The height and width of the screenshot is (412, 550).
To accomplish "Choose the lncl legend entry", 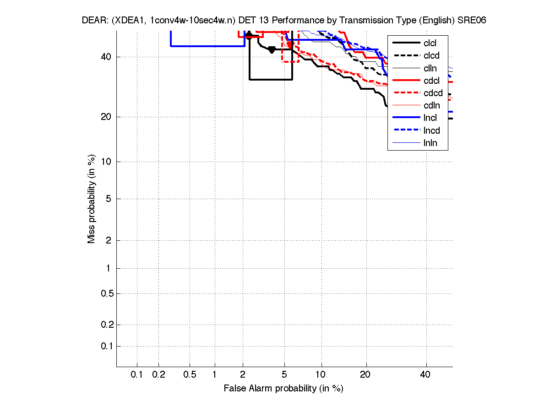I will click(x=430, y=118).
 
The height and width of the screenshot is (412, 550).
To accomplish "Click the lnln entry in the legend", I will click(x=430, y=143).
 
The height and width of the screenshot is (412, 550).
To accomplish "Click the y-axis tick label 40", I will click(x=107, y=57).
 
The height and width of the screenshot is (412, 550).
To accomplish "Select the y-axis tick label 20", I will click(x=107, y=117).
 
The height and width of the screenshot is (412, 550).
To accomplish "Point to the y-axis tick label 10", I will click(x=107, y=162).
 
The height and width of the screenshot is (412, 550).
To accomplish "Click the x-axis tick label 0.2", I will click(x=158, y=375).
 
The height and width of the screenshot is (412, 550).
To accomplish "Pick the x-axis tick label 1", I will click(x=214, y=375).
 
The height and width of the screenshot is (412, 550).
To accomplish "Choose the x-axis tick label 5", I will click(x=284, y=375).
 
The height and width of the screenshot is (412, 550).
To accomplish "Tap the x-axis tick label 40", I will click(x=425, y=375).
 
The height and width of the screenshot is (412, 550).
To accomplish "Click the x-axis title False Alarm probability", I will click(x=283, y=389).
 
